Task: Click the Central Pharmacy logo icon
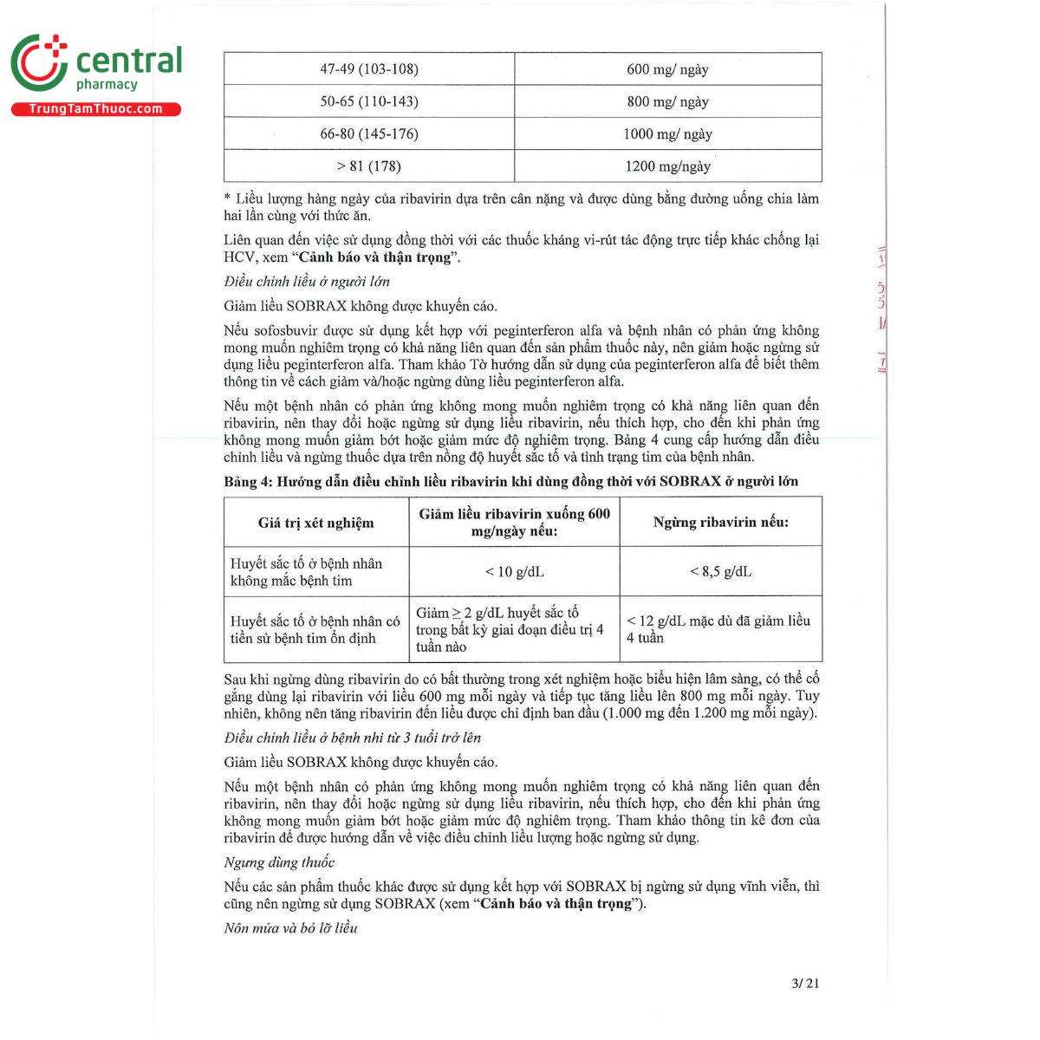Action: pyautogui.click(x=39, y=62)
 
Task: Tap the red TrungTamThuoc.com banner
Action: pyautogui.click(x=95, y=109)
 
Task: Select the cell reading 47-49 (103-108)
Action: pyautogui.click(x=368, y=69)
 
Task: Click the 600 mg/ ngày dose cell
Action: pyautogui.click(x=667, y=69)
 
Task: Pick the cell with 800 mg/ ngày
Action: pyautogui.click(x=667, y=101)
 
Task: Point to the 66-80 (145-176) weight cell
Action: pyautogui.click(x=368, y=133)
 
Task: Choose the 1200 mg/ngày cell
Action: pyautogui.click(x=667, y=166)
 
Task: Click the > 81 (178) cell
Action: pyautogui.click(x=368, y=166)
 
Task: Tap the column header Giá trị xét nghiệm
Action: pyautogui.click(x=315, y=523)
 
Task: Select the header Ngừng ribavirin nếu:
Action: pyautogui.click(x=720, y=522)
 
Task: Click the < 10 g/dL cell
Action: pyautogui.click(x=514, y=571)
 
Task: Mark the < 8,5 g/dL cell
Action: pyautogui.click(x=720, y=571)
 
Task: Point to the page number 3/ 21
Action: pyautogui.click(x=805, y=983)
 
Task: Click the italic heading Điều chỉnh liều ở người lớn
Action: pyautogui.click(x=307, y=282)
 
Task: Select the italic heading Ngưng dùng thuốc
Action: pyautogui.click(x=279, y=862)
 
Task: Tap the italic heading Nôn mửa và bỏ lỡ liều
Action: pyautogui.click(x=290, y=928)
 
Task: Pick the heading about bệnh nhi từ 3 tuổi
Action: pyautogui.click(x=352, y=738)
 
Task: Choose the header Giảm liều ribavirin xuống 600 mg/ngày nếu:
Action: pyautogui.click(x=514, y=522)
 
